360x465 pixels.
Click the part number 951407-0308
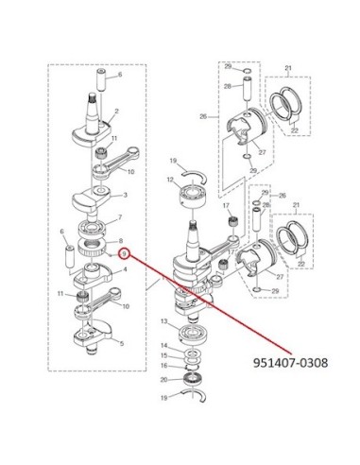290,363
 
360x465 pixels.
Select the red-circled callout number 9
125,253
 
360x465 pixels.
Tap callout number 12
170,180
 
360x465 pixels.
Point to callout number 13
163,321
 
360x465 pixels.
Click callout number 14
163,346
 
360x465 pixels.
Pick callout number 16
163,366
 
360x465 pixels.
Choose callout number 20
163,380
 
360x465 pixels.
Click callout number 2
117,111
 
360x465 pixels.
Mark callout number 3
126,195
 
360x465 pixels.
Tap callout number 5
122,343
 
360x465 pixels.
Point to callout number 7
120,217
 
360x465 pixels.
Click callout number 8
120,241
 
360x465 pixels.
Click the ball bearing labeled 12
193,197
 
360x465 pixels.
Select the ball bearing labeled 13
192,335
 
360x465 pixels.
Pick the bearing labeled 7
94,229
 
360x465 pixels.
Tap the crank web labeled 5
93,336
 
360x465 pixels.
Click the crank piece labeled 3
92,198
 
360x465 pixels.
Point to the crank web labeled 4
93,275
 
